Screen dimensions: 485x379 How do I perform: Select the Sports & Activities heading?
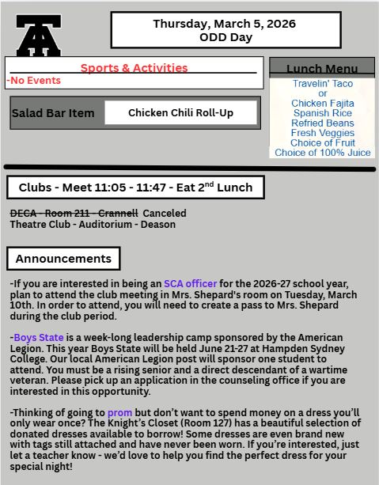[134, 68]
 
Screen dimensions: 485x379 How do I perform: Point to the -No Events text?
[33, 81]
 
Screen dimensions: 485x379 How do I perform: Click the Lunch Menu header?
[321, 69]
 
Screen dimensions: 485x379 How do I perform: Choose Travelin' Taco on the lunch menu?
[322, 84]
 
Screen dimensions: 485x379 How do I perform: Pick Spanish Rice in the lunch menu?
[322, 113]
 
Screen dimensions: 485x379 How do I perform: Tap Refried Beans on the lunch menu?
[322, 123]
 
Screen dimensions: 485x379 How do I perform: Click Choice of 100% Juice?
[322, 153]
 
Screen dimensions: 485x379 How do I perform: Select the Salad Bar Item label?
[53, 113]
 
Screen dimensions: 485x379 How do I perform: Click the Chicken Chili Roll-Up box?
[180, 113]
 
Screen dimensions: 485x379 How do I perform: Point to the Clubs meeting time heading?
[135, 188]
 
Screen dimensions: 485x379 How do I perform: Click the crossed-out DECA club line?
[74, 213]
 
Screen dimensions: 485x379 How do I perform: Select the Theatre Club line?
[93, 224]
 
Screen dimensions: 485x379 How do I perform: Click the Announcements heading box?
[63, 259]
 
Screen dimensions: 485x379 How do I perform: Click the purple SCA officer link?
[190, 283]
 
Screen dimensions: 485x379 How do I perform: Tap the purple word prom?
[119, 413]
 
